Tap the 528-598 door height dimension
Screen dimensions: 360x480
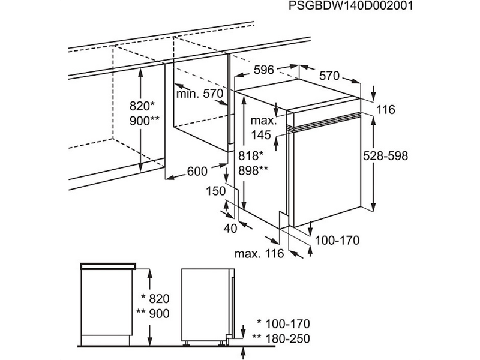(385, 155)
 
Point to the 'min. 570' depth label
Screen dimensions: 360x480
(199, 94)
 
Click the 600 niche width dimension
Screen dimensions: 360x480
(197, 172)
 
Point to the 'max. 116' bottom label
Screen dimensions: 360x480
(259, 254)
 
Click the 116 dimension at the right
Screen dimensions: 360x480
(387, 110)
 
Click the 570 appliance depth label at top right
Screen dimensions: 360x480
(329, 76)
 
